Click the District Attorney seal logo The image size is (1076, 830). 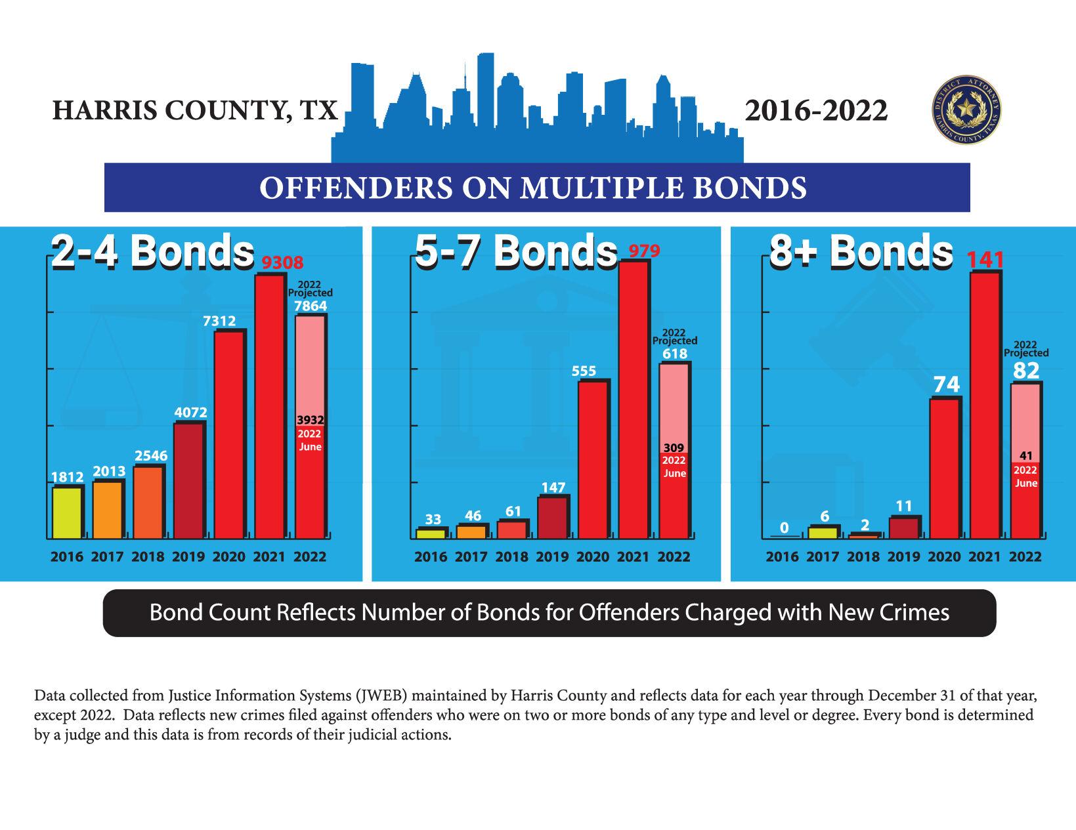tap(966, 110)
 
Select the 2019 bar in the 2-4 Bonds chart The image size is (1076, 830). tap(189, 481)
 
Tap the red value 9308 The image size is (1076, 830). tap(283, 263)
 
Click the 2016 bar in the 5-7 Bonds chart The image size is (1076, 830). tap(431, 533)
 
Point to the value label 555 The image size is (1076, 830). tap(584, 371)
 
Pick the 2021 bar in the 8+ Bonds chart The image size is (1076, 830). tap(985, 405)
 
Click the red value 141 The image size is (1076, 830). tap(986, 260)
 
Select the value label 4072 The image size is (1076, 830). tap(191, 413)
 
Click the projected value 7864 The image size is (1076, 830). tap(311, 306)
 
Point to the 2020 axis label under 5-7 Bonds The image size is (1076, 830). tap(593, 557)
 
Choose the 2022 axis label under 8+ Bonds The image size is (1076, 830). tap(1025, 557)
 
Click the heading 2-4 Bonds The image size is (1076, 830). tap(152, 251)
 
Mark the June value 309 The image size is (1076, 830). tap(674, 448)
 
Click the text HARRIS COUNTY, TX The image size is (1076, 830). tap(195, 111)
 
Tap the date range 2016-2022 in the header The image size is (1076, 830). tap(816, 111)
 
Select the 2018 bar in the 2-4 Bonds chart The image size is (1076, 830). tap(148, 502)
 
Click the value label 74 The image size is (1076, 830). tap(946, 384)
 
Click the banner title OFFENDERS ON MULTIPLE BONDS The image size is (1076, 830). tap(532, 188)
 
